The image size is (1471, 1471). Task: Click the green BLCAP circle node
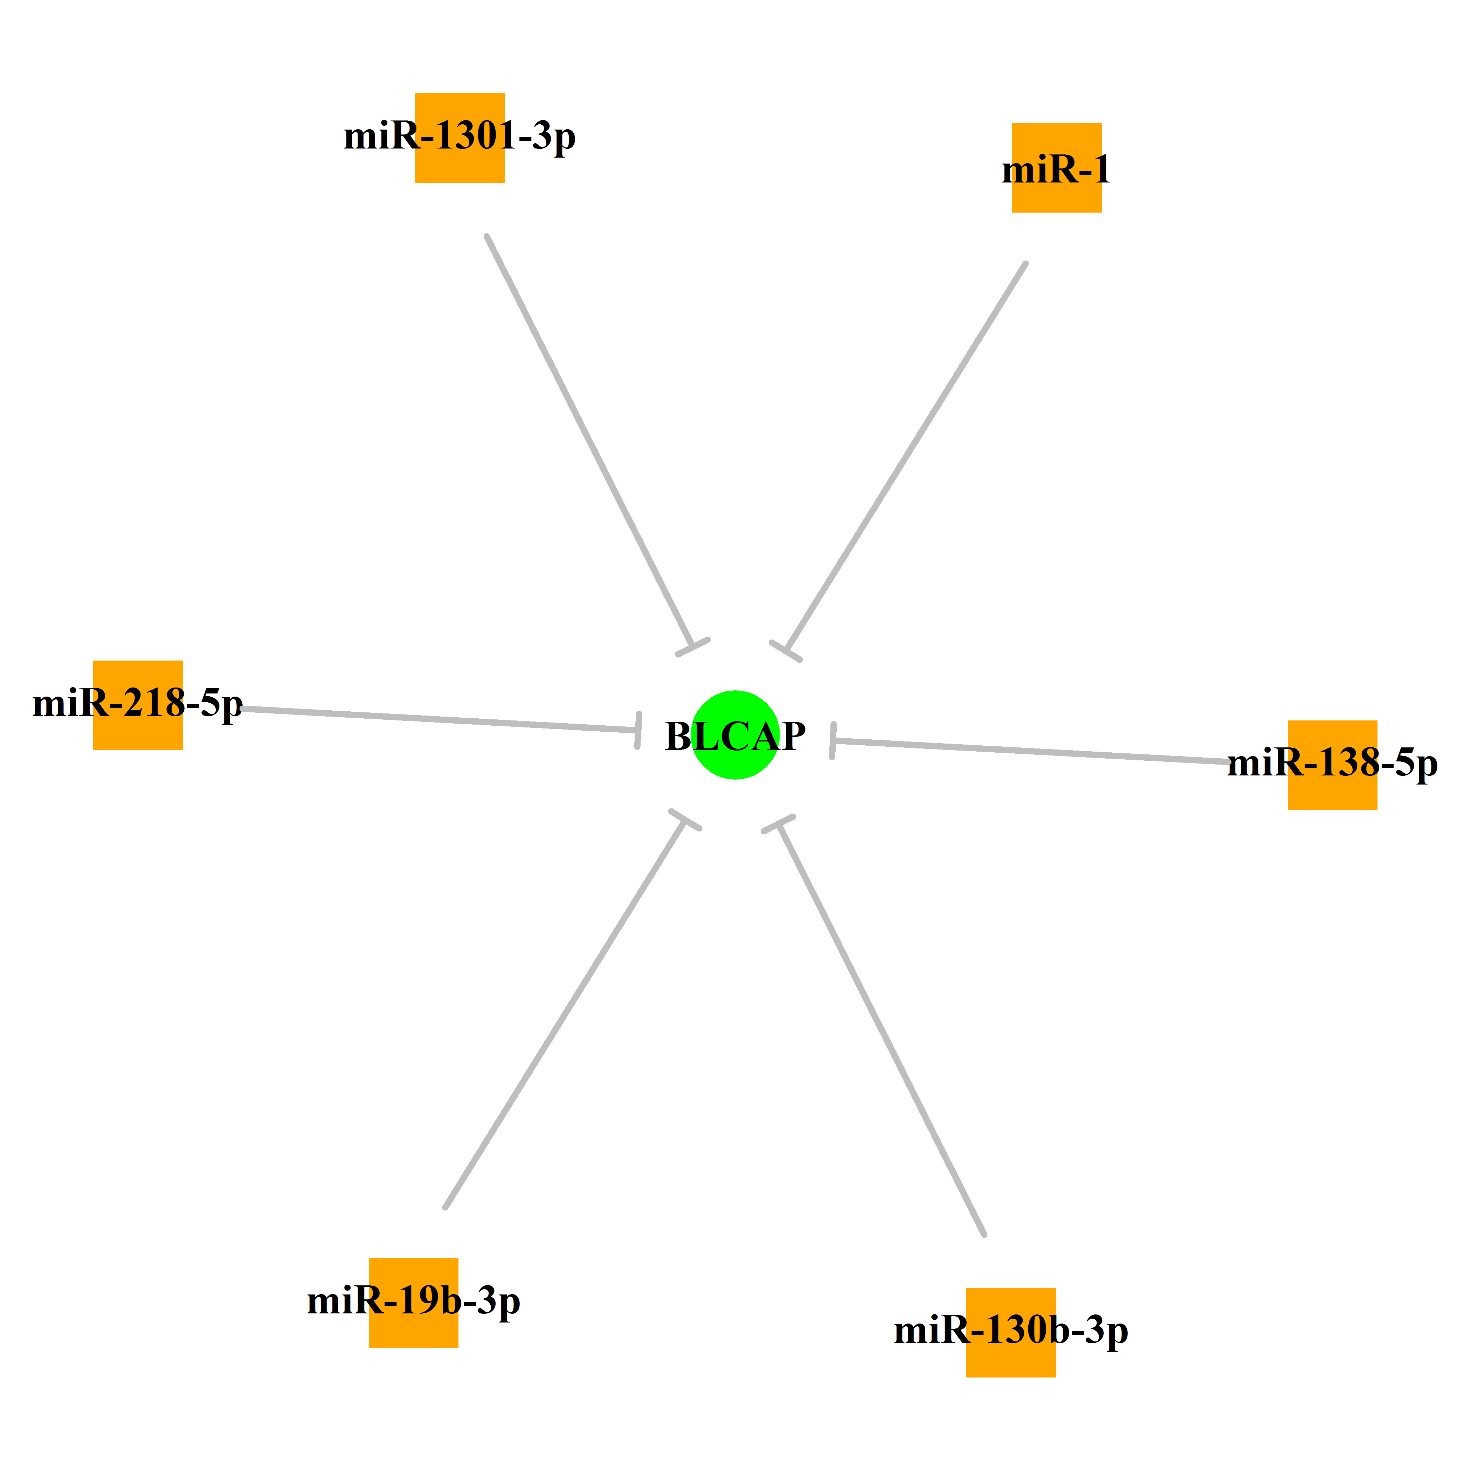click(x=735, y=735)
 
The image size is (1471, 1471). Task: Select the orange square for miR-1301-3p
click(x=459, y=138)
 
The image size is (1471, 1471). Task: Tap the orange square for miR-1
click(x=1056, y=167)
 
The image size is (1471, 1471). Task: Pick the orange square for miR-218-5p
click(x=138, y=705)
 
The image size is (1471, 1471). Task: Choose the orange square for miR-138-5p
click(x=1332, y=765)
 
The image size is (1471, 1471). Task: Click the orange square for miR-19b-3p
click(x=413, y=1303)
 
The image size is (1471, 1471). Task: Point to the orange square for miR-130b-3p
click(x=1011, y=1332)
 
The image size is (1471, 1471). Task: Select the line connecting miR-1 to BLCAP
click(x=906, y=457)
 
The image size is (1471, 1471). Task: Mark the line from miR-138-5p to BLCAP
click(x=1030, y=751)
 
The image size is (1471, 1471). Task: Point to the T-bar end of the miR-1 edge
click(x=786, y=652)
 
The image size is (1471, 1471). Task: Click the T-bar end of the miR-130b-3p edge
click(x=778, y=824)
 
